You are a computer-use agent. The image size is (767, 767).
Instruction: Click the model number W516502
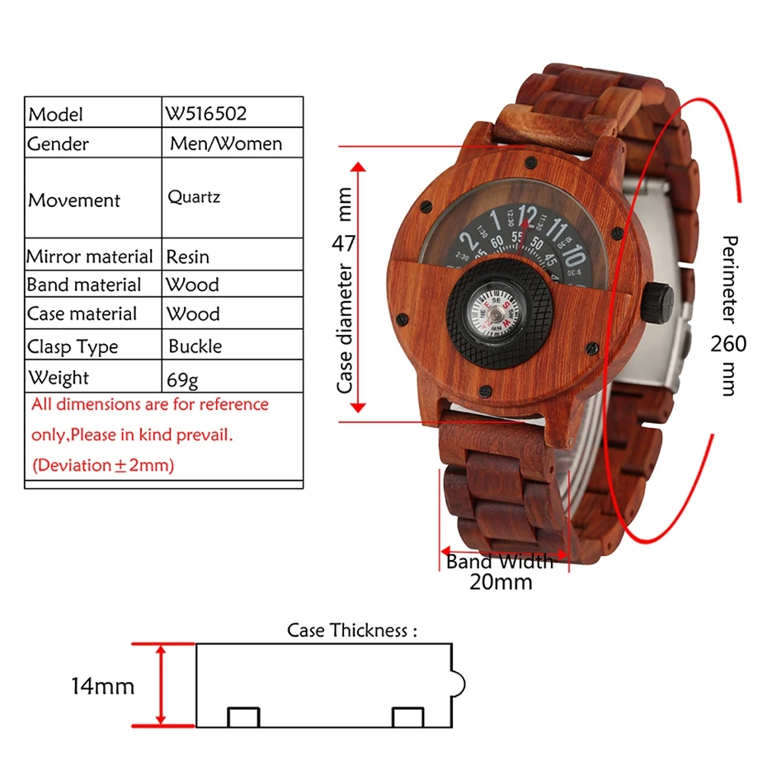[206, 112]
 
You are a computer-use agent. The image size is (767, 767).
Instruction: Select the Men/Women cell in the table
[226, 144]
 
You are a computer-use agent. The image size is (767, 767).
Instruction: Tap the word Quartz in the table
[194, 197]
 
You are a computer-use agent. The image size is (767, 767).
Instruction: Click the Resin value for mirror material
[188, 256]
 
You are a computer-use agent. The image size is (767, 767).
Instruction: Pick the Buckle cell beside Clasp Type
[195, 346]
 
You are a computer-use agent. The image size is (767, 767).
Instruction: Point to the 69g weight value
[182, 380]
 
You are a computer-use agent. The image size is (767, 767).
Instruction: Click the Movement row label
[74, 200]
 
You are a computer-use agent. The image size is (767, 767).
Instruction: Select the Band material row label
[84, 285]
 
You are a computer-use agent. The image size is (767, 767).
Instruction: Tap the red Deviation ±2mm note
[103, 465]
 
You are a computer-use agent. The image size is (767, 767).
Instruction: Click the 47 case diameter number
[344, 242]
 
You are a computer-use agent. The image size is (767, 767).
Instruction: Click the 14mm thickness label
[102, 685]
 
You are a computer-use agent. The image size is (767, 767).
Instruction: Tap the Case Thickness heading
[352, 631]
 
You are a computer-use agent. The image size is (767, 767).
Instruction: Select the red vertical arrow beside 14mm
[162, 685]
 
